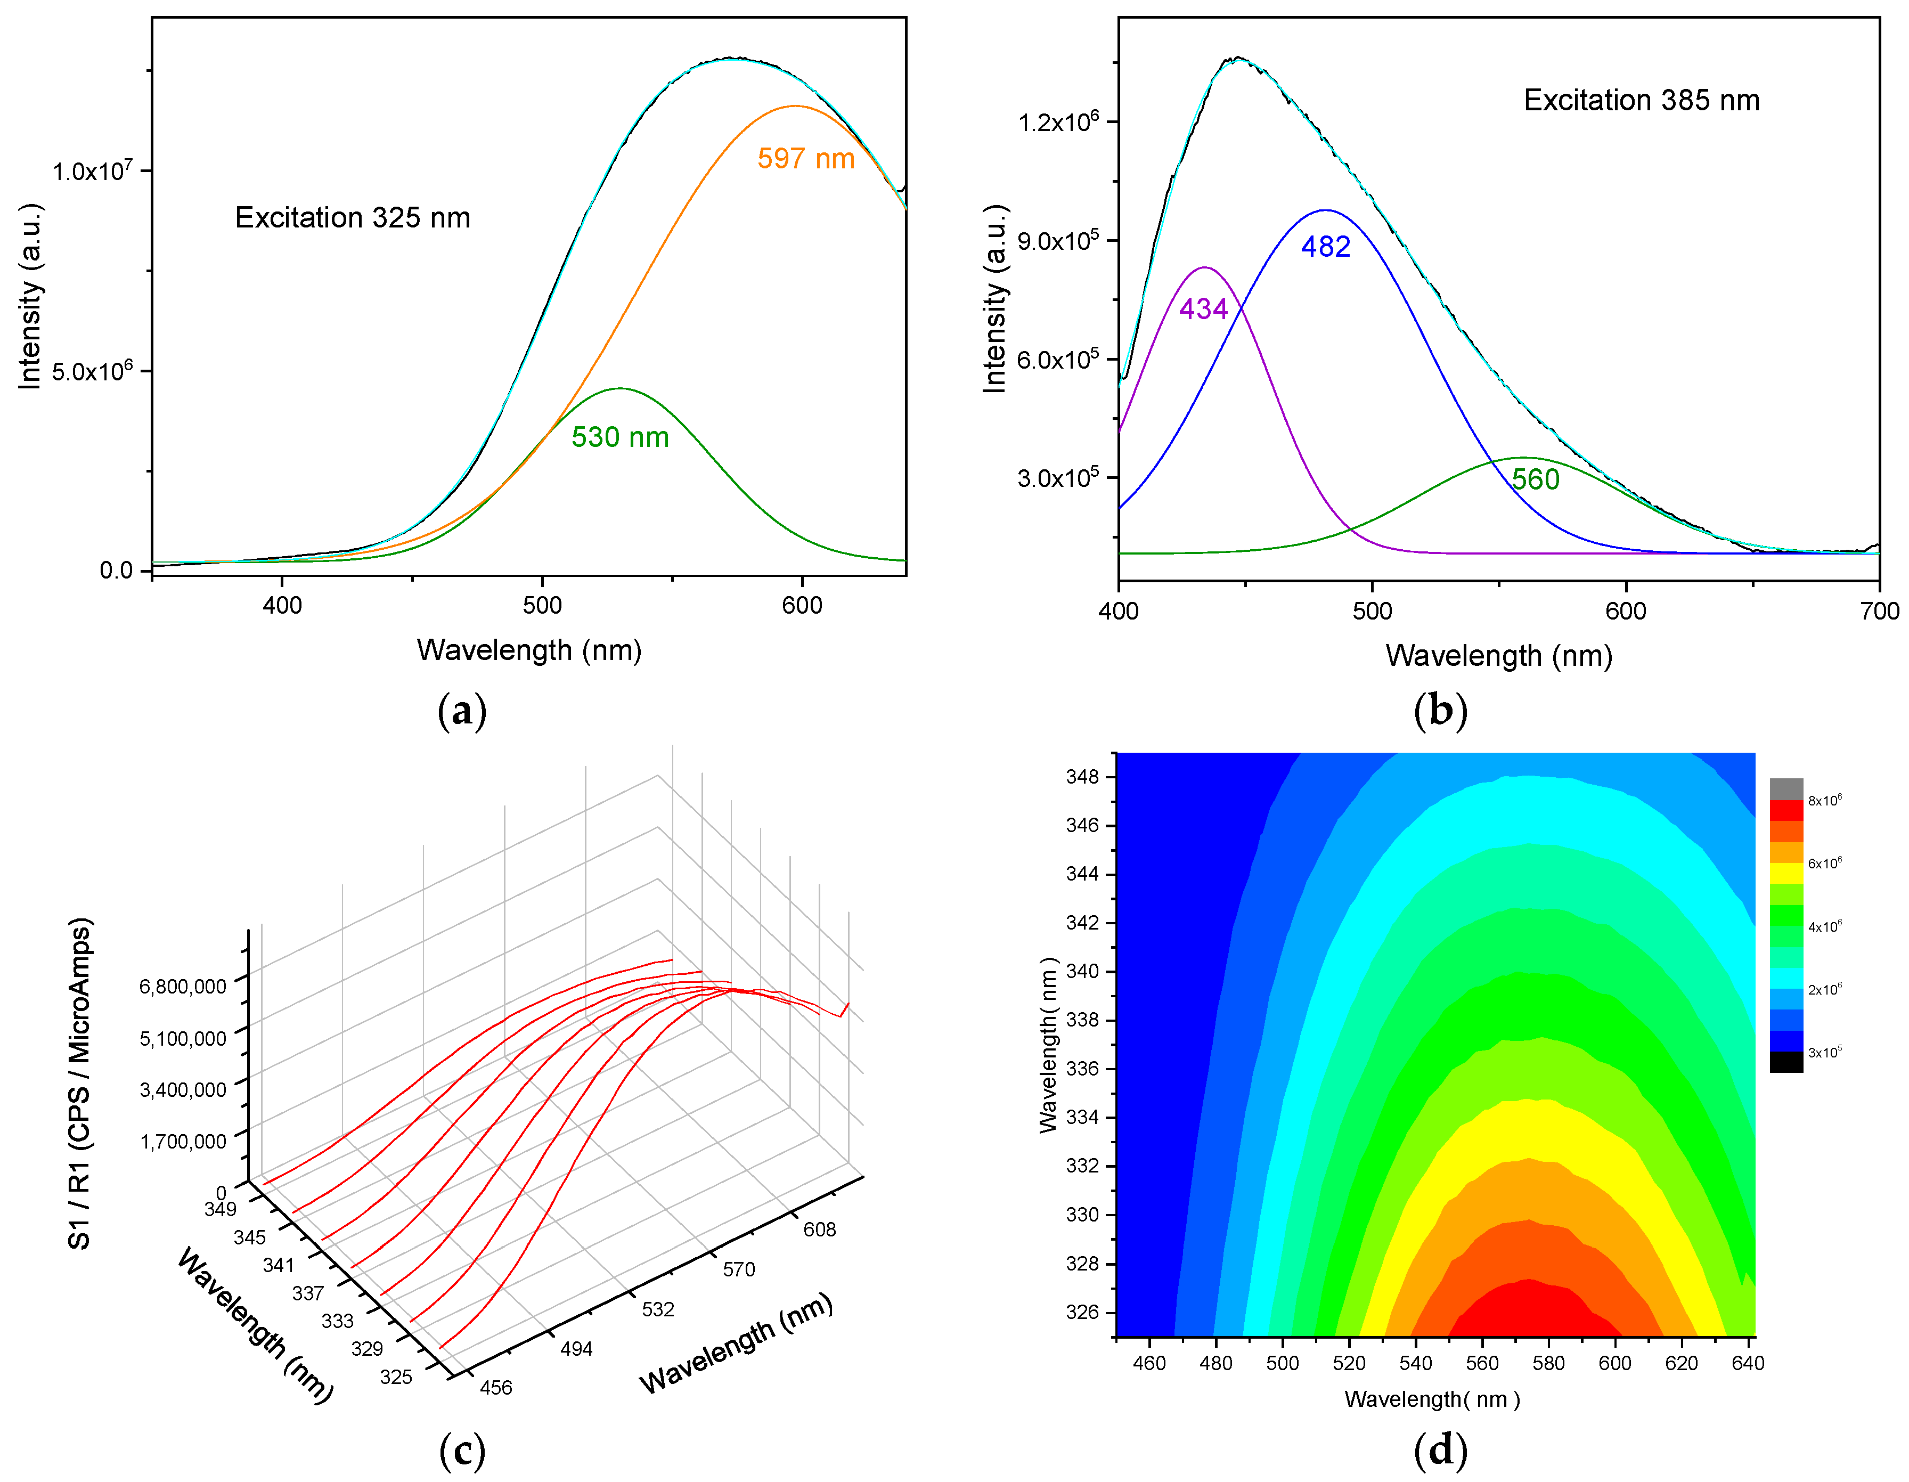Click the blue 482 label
tap(1325, 247)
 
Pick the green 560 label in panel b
tap(1535, 479)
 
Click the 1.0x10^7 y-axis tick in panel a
tap(92, 170)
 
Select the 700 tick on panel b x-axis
tap(1879, 611)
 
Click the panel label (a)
tap(461, 711)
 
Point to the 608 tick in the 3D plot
tap(819, 1229)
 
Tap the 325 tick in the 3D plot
tap(396, 1377)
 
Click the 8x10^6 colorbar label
tap(1824, 800)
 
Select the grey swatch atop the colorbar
tap(1786, 788)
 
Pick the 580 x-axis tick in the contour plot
tap(1548, 1363)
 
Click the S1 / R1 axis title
tap(79, 1084)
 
